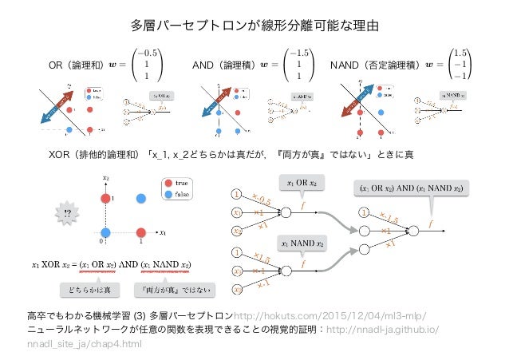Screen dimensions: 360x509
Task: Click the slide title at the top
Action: (x=254, y=26)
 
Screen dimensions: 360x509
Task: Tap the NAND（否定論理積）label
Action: (x=377, y=63)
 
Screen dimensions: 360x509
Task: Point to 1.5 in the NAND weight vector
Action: (x=459, y=52)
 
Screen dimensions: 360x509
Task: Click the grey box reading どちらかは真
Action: (x=89, y=289)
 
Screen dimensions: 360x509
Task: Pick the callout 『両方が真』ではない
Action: (x=175, y=289)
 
